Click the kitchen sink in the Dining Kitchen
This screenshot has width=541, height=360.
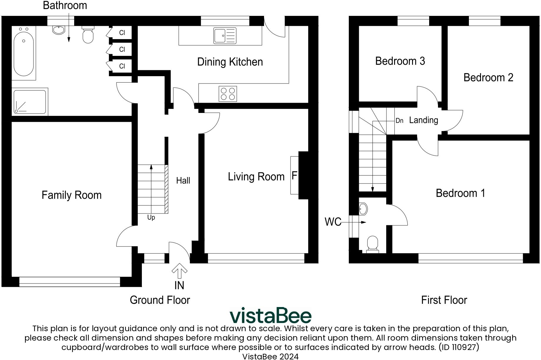click(x=225, y=35)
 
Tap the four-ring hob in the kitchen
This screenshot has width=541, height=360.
click(x=228, y=94)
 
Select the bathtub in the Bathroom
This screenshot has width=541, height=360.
click(x=24, y=53)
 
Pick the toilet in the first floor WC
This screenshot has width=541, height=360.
click(x=373, y=244)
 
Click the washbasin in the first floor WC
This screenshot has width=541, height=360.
click(x=364, y=209)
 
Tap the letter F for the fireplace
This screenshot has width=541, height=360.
click(x=294, y=176)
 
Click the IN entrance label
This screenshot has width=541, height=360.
click(x=179, y=285)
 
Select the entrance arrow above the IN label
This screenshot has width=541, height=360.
click(x=180, y=271)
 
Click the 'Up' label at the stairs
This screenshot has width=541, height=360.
click(x=151, y=217)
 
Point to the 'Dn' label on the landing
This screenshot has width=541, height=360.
click(x=399, y=121)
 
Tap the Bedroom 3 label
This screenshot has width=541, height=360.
click(x=400, y=61)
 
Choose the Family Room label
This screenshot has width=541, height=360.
click(x=72, y=195)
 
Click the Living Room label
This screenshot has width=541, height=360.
click(x=256, y=176)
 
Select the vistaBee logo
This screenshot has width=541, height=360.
click(x=270, y=315)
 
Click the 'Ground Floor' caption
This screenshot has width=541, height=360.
click(x=160, y=300)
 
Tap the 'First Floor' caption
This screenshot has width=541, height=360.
click(x=444, y=300)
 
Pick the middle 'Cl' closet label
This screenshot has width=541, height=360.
click(x=122, y=49)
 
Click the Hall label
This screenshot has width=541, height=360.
click(x=183, y=181)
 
